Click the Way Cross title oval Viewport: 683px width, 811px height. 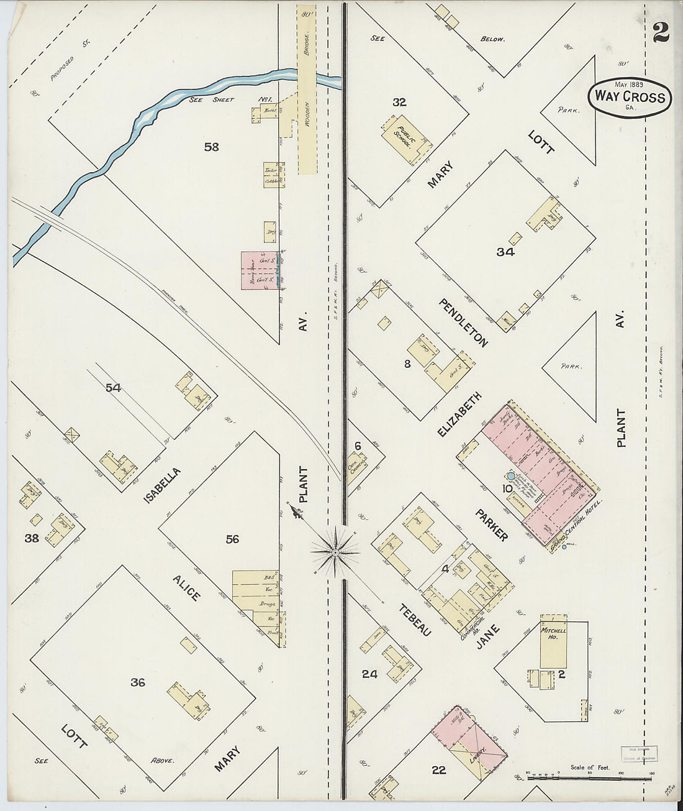[630, 96]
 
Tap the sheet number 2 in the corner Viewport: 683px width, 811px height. [660, 32]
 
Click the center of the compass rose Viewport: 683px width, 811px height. [335, 551]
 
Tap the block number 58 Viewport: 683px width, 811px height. [212, 147]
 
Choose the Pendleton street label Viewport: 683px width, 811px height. [463, 322]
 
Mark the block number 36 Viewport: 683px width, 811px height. [138, 682]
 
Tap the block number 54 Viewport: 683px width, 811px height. [113, 388]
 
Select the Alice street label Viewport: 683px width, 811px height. [186, 587]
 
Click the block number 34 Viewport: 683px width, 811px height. [505, 252]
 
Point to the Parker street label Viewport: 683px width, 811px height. [492, 525]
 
